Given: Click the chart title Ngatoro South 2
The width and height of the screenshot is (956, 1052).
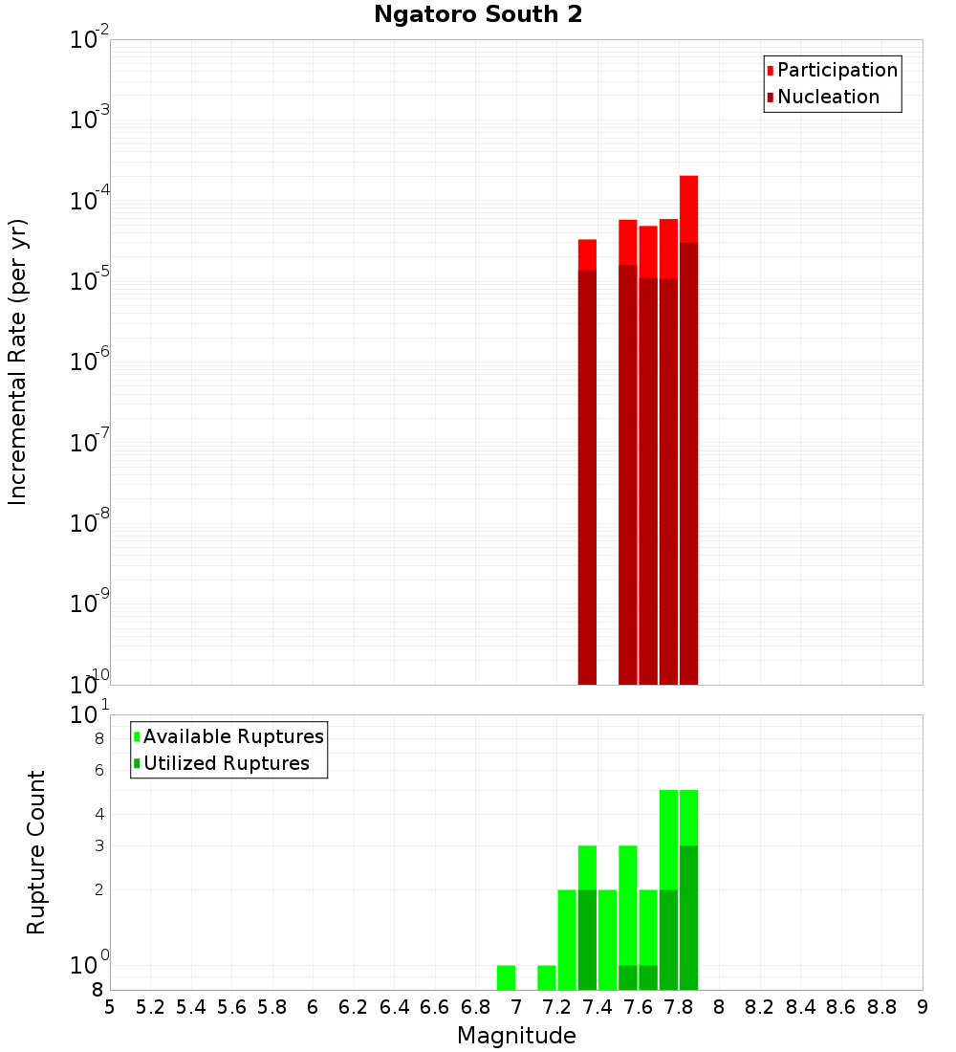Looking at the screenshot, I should [478, 15].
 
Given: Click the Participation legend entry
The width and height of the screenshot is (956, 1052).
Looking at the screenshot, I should [837, 70].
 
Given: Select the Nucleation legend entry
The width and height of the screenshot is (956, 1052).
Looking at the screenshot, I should [828, 97].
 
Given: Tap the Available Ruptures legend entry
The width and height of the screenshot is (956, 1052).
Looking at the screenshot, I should [233, 736].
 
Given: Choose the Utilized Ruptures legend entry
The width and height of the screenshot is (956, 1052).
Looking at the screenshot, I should [226, 763].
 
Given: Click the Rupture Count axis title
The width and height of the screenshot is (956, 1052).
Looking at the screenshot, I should [36, 852].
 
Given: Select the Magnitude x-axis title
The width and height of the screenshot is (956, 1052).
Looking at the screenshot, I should [516, 1036].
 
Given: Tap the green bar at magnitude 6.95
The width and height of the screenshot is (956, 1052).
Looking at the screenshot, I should [506, 977].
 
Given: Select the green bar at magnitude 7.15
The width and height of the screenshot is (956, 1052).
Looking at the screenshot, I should [547, 977].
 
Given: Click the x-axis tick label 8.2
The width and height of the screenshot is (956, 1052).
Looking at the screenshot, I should [760, 1007].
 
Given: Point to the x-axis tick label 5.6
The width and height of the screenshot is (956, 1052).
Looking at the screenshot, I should [231, 1007].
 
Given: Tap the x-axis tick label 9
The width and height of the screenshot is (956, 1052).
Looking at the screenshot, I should [923, 1007].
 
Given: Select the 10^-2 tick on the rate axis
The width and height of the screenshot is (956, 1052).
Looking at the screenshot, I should [90, 40].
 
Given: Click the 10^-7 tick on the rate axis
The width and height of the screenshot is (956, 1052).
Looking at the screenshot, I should [90, 443].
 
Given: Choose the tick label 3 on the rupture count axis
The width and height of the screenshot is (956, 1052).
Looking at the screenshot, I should [98, 845].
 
